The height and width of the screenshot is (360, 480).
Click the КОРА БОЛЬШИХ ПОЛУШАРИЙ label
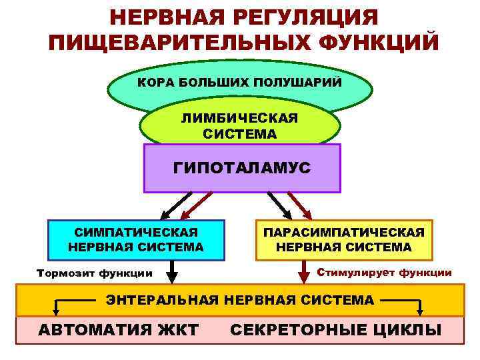[239, 83]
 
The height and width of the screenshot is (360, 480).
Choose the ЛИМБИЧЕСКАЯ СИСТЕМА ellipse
[239, 125]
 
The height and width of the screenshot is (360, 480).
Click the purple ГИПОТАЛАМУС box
[242, 168]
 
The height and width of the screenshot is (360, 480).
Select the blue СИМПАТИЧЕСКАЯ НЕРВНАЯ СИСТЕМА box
[136, 240]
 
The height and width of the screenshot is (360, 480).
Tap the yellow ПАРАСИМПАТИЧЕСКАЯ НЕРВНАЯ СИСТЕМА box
[344, 240]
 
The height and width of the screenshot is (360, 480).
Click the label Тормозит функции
[94, 273]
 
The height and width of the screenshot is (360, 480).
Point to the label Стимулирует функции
[384, 273]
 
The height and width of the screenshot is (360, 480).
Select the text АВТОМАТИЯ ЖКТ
[118, 330]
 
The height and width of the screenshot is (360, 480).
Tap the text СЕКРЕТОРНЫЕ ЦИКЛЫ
[335, 330]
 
